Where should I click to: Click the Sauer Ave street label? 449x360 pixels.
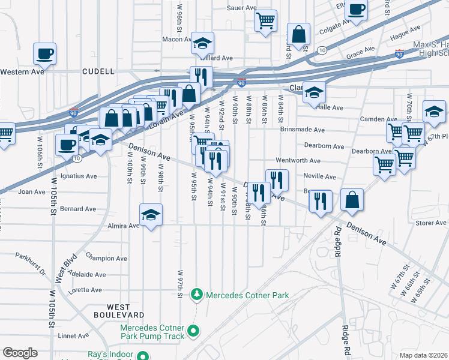pyautogui.click(x=241, y=8)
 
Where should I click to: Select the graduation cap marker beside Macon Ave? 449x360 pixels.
pyautogui.click(x=203, y=43)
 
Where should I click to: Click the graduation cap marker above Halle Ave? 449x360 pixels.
pyautogui.click(x=314, y=92)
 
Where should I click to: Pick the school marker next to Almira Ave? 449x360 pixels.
pyautogui.click(x=151, y=215)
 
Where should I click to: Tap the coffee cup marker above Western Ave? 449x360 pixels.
pyautogui.click(x=45, y=53)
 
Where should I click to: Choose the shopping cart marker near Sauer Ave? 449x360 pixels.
pyautogui.click(x=265, y=20)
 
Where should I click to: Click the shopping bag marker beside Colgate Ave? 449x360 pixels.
pyautogui.click(x=298, y=35)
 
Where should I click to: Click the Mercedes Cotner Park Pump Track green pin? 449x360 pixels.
pyautogui.click(x=193, y=331)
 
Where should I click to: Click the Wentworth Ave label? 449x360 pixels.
pyautogui.click(x=298, y=161)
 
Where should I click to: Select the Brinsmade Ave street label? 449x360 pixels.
pyautogui.click(x=302, y=130)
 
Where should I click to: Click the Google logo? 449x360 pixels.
pyautogui.click(x=20, y=353)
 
